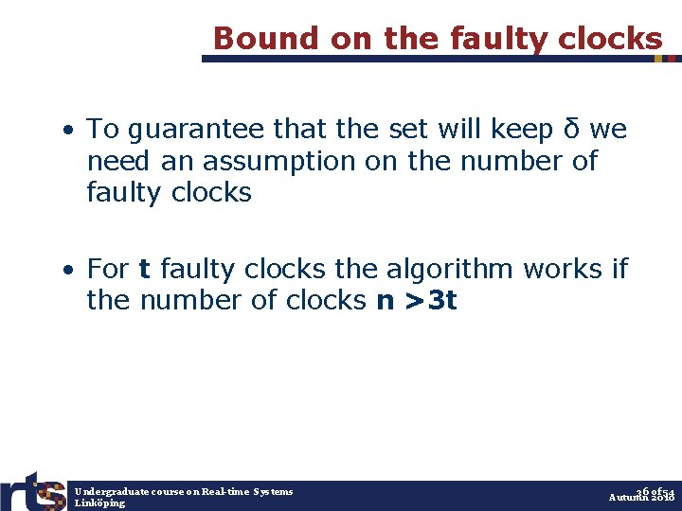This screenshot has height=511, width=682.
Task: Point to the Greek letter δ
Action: pos(572,129)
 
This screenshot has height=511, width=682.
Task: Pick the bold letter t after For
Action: pos(144,269)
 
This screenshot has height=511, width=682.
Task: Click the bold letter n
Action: pos(386,301)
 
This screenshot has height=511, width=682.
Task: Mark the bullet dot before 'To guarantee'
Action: pos(70,130)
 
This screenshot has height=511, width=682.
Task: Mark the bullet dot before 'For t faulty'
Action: pos(70,270)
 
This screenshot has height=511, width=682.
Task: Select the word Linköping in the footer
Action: pos(99,502)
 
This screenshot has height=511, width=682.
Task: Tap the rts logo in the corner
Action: pos(32,489)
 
